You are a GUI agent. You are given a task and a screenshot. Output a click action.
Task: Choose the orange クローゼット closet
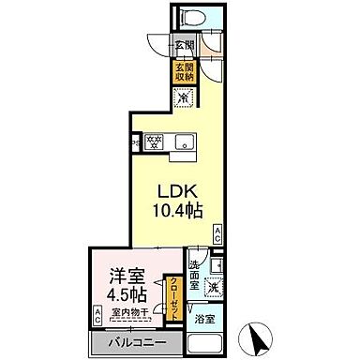pyautogui.click(x=172, y=292)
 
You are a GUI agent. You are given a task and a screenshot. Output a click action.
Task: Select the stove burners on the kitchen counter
pyautogui.click(x=155, y=143)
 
